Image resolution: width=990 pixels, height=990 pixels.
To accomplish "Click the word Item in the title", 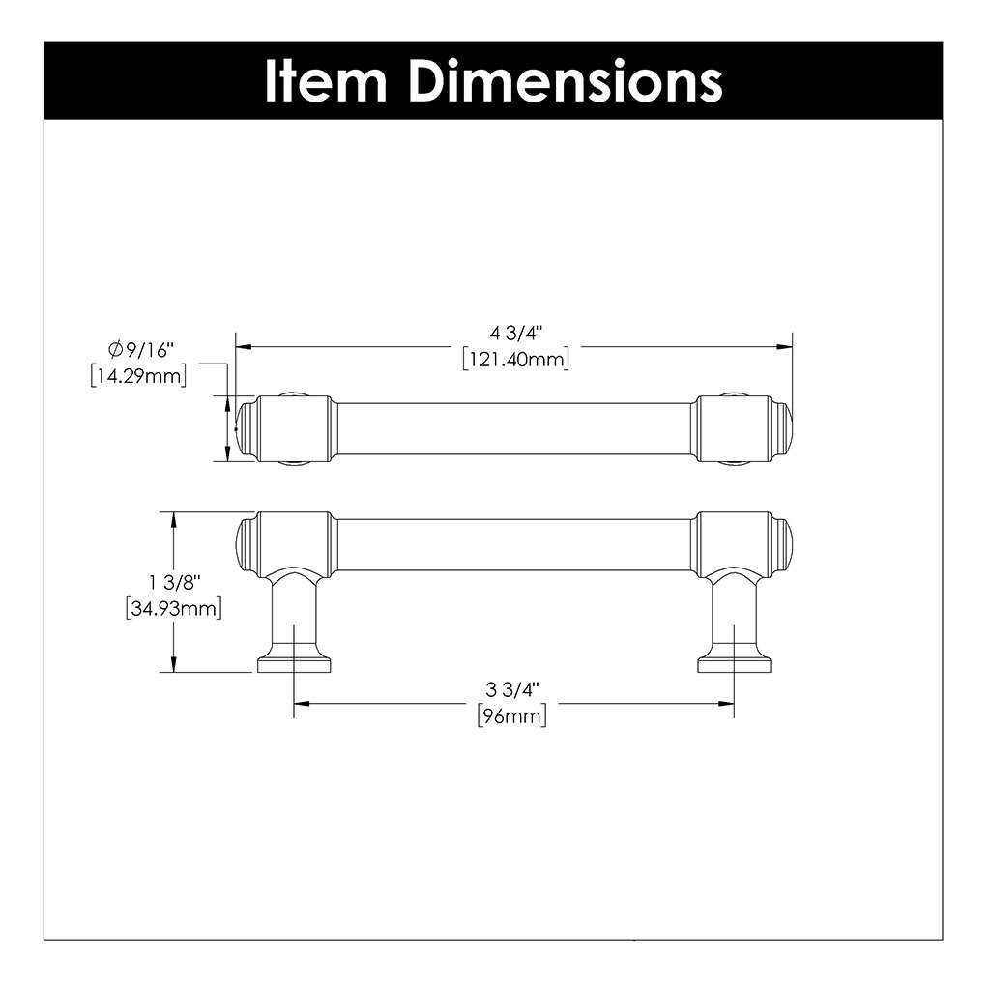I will point(325,81).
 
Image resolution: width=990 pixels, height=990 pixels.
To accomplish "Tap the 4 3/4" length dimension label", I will point(516,335).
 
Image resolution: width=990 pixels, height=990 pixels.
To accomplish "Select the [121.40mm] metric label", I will point(516,360).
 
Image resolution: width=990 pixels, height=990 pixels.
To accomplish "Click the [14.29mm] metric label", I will point(137,376).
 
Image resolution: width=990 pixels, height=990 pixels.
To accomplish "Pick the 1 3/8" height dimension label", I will point(174,583).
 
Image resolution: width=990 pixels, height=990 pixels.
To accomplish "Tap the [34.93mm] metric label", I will point(174,608).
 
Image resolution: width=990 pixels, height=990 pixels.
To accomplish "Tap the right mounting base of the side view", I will point(734,662).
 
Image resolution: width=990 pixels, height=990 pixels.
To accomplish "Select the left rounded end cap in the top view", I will point(247,427).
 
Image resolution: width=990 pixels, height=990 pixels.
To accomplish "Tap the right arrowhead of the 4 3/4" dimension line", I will point(786,346).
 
